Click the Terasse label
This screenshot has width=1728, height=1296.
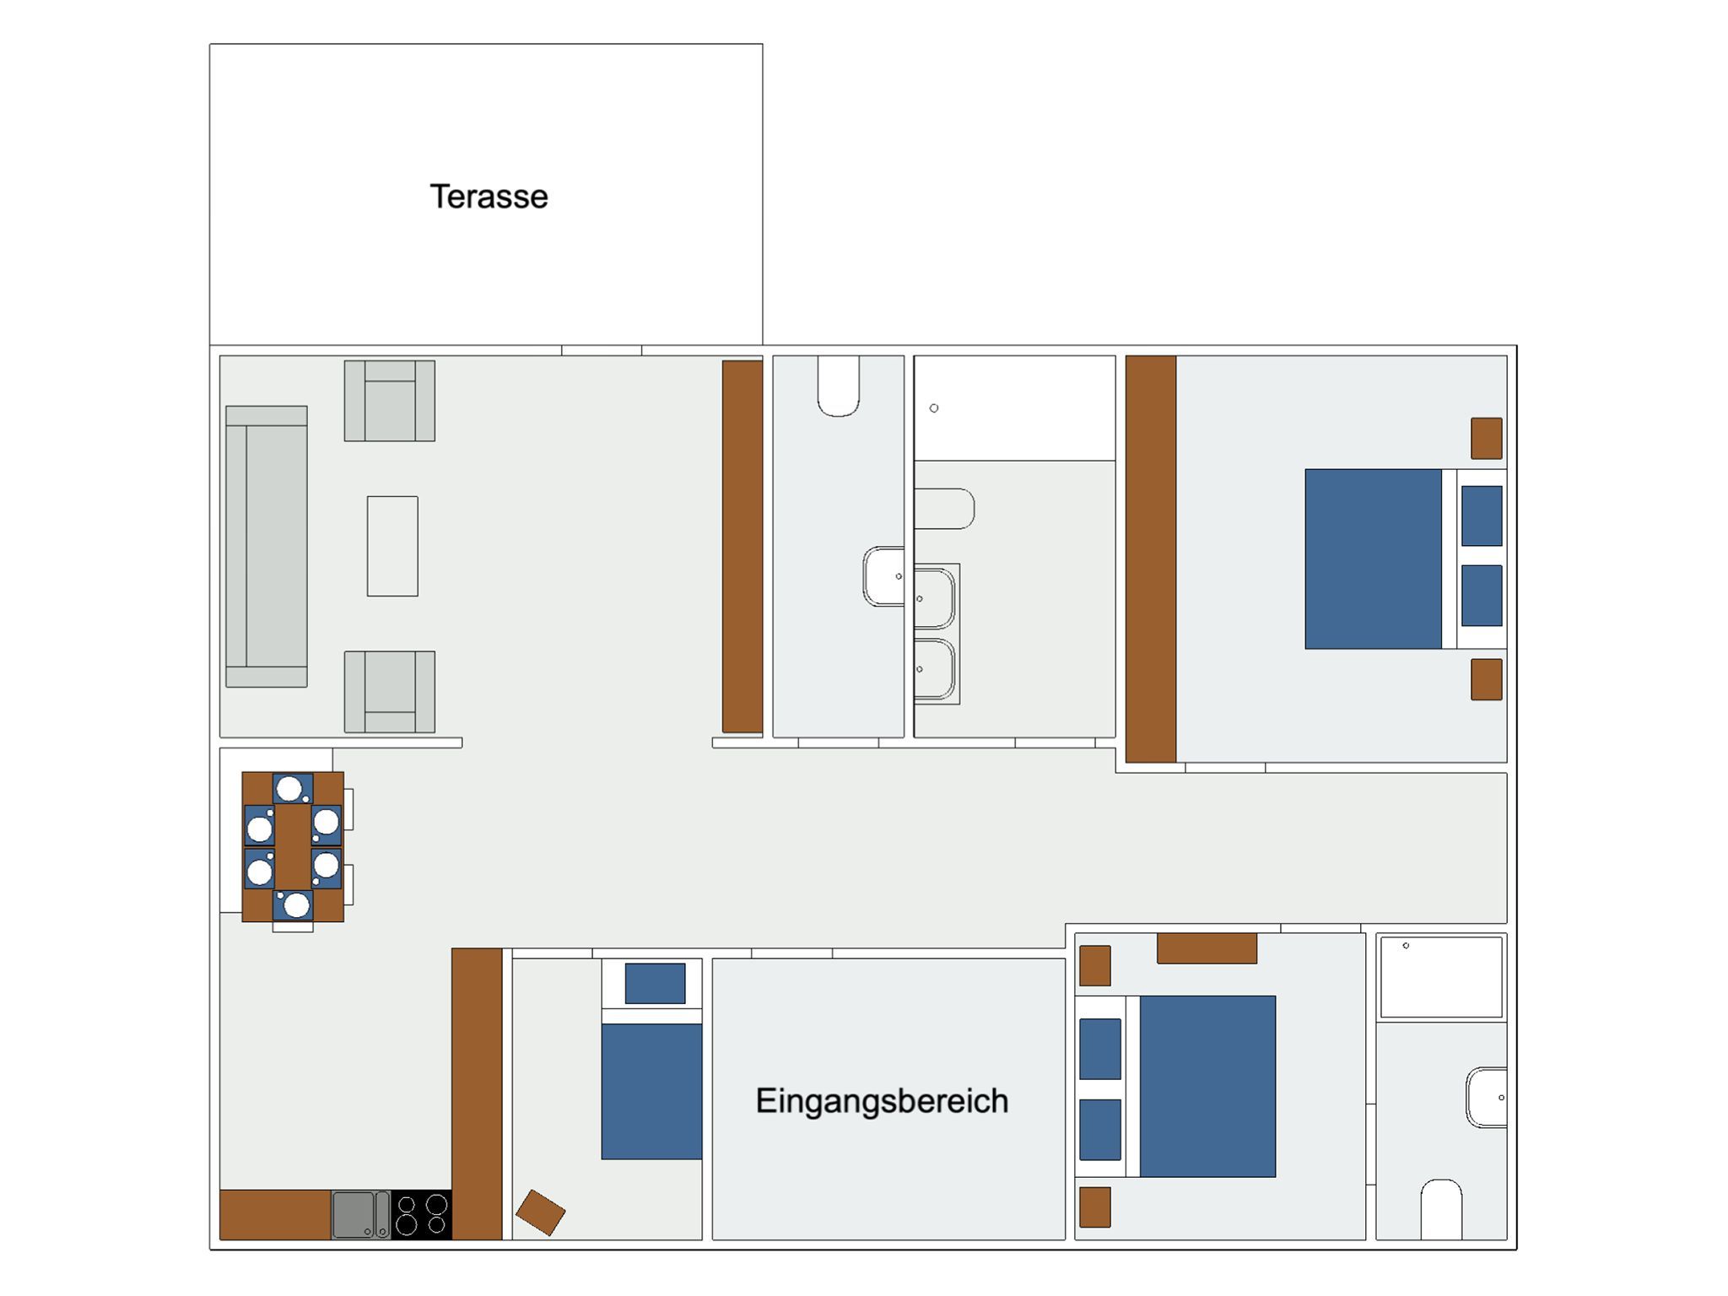[489, 197]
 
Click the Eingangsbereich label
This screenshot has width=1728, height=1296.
[882, 1101]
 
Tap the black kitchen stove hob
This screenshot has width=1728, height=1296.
[422, 1214]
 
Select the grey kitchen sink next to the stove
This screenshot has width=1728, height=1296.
[360, 1214]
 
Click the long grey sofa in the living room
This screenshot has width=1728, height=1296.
[267, 547]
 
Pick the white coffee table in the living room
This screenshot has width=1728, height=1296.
[392, 546]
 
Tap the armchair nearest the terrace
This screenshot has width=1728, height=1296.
[390, 401]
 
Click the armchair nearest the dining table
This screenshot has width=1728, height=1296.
[390, 692]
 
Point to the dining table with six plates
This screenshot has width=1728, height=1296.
[293, 846]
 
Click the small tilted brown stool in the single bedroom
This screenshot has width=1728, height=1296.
[540, 1212]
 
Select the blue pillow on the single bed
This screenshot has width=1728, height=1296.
[655, 984]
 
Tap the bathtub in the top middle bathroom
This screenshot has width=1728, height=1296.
[1015, 408]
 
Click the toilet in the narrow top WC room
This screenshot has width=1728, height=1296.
[839, 386]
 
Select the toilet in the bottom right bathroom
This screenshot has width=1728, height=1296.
[1441, 1210]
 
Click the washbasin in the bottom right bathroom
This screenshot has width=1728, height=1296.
[1487, 1098]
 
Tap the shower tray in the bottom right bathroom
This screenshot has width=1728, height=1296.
[1441, 976]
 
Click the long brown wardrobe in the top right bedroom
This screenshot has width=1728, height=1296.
[1151, 559]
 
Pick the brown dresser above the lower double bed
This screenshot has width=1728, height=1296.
[1207, 948]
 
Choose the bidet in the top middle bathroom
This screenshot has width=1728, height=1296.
[944, 509]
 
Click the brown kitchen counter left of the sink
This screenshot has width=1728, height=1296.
[275, 1214]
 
